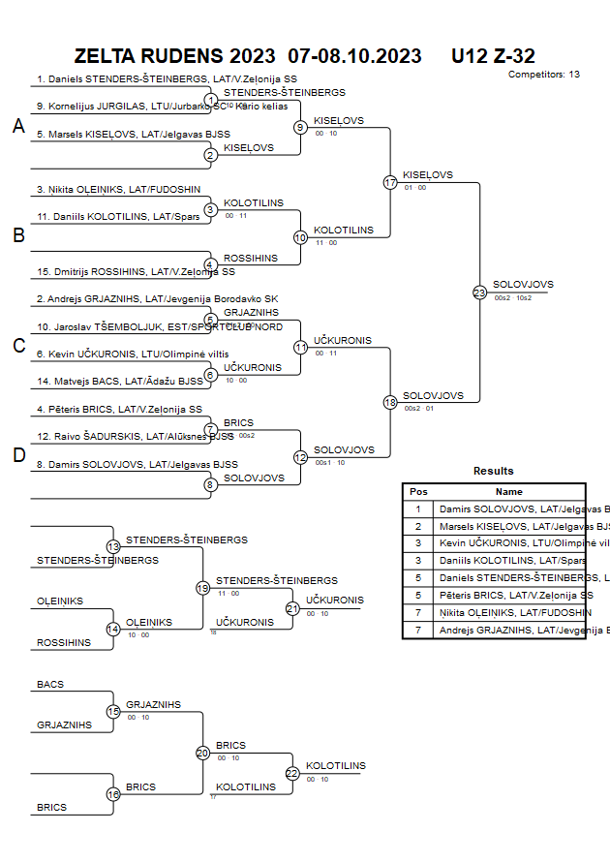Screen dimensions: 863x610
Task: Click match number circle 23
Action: (479, 292)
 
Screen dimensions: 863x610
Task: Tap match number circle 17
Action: (390, 182)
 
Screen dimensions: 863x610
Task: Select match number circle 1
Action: (210, 100)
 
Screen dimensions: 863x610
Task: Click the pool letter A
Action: (18, 126)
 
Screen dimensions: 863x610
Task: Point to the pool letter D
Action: (18, 455)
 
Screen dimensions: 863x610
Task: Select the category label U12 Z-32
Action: (493, 56)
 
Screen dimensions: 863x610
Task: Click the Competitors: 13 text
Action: (543, 74)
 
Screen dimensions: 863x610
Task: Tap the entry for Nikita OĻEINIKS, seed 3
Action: (118, 190)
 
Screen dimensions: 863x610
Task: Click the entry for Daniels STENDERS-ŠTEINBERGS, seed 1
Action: (167, 79)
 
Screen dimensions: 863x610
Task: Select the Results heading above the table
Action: (494, 471)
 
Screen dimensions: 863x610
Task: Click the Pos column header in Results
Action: (418, 491)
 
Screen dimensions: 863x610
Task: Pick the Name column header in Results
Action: (508, 491)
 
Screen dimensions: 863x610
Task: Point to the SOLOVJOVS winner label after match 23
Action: (523, 284)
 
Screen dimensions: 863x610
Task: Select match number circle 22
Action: (292, 773)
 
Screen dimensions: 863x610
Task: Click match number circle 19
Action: (202, 588)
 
